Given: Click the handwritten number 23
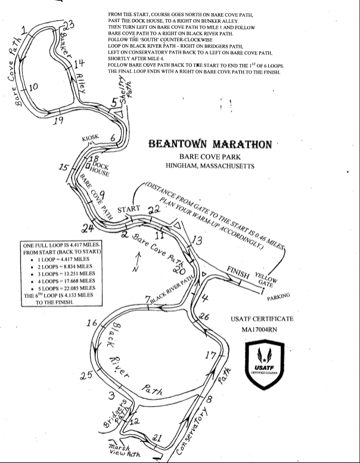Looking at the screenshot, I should click(x=69, y=25).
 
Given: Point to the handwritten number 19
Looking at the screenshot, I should click(x=57, y=121).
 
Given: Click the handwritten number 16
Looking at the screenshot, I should click(x=92, y=323).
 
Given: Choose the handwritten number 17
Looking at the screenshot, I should click(x=210, y=356).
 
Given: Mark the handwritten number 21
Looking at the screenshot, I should click(x=157, y=439).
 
